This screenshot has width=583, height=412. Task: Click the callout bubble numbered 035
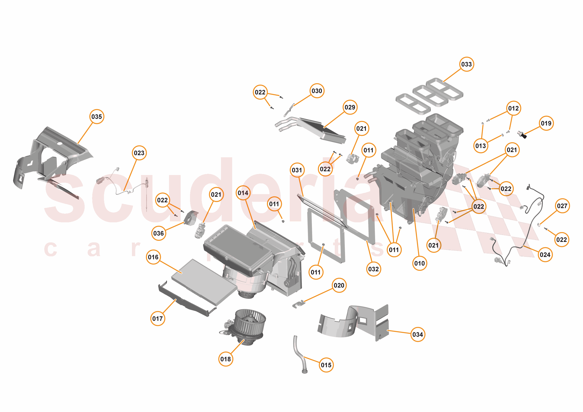[97, 117]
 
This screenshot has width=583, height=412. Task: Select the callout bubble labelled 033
[466, 64]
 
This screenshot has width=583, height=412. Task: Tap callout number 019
[546, 123]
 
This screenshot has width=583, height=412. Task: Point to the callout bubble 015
[326, 365]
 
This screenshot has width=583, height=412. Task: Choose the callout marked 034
[418, 334]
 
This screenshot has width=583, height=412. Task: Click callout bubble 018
[225, 359]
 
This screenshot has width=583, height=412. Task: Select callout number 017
[157, 319]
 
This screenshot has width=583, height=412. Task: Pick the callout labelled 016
[153, 257]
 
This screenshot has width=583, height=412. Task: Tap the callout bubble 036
[159, 233]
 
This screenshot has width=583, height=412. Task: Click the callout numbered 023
[139, 153]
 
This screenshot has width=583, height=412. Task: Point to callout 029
[350, 107]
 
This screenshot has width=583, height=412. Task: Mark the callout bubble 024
[545, 255]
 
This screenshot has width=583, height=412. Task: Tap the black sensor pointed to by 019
[522, 134]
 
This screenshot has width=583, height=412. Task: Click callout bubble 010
[420, 263]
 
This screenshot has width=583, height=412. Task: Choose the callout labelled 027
[562, 206]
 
